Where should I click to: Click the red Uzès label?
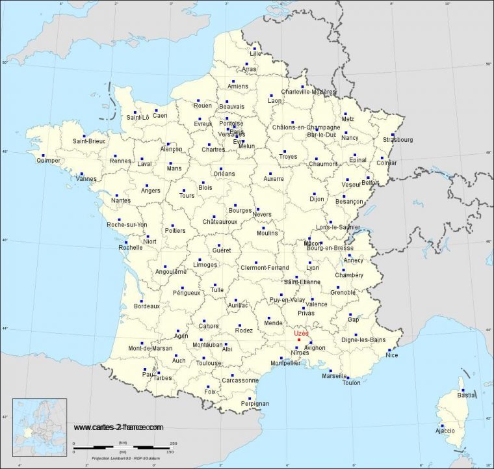pyautogui.click(x=302, y=333)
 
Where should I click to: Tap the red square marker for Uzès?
pyautogui.click(x=298, y=340)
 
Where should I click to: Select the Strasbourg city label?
pyautogui.click(x=398, y=139)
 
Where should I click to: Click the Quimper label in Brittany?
pyautogui.click(x=49, y=160)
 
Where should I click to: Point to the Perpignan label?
pyautogui.click(x=255, y=403)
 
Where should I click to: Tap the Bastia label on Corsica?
pyautogui.click(x=466, y=395)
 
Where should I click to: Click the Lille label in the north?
pyautogui.click(x=264, y=53)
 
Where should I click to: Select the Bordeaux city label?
pyautogui.click(x=146, y=306)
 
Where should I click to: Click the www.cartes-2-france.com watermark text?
pyautogui.click(x=118, y=427)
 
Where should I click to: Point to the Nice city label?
pyautogui.click(x=392, y=355)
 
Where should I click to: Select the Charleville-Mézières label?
pyautogui.click(x=308, y=92)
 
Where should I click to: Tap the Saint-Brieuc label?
pyautogui.click(x=88, y=141)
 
